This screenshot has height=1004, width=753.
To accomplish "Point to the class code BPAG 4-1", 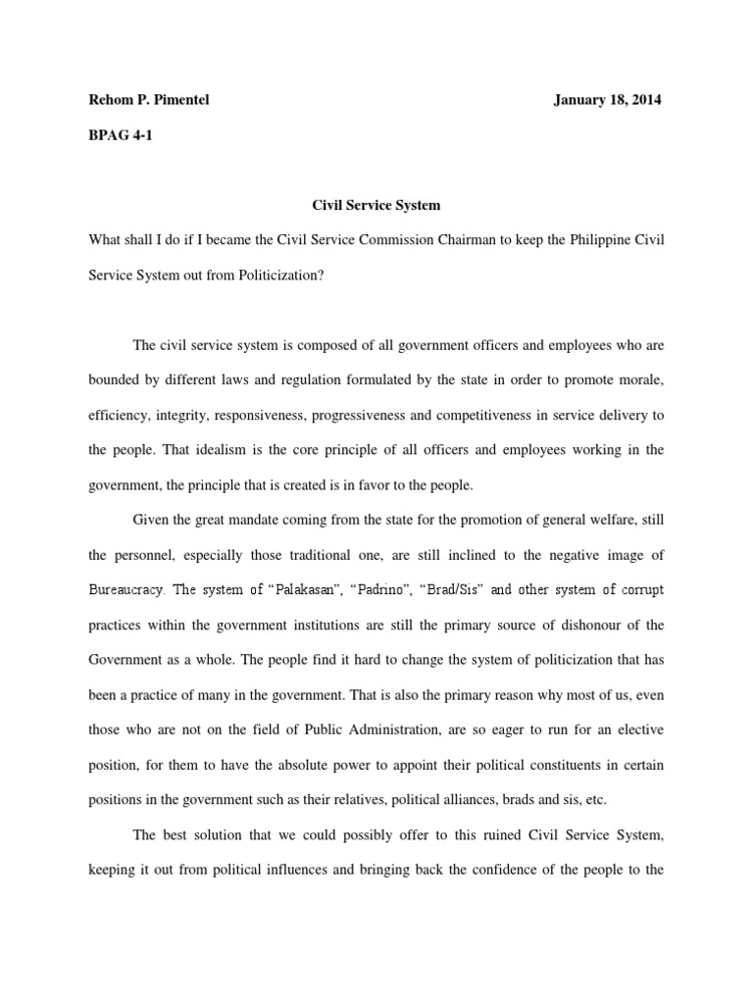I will (120, 136).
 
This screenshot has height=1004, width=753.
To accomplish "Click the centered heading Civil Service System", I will (376, 206).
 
